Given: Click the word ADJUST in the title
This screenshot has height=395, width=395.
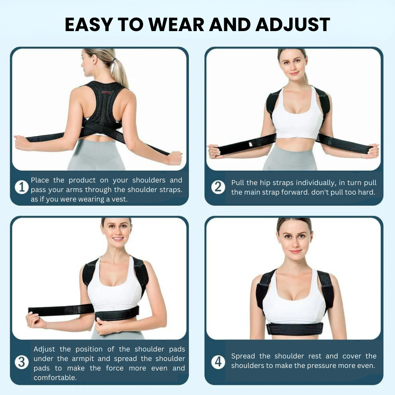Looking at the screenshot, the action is [293, 25].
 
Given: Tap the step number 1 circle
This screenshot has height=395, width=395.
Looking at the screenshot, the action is [22, 187].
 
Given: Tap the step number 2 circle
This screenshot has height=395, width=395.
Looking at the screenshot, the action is [218, 187].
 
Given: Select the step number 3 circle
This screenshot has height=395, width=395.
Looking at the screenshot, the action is [22, 362].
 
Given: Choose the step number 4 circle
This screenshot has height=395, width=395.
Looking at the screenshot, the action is [218, 362].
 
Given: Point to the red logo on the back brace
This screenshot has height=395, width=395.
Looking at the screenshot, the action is [106, 93].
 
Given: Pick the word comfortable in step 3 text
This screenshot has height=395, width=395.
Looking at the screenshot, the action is [55, 377].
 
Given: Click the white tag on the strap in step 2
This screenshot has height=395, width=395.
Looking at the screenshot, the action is [251, 144].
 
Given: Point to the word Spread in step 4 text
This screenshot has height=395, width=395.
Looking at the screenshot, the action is [243, 357].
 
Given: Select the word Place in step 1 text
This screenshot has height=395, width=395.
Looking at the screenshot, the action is [40, 180].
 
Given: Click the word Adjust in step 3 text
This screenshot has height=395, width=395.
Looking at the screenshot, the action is [44, 350].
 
